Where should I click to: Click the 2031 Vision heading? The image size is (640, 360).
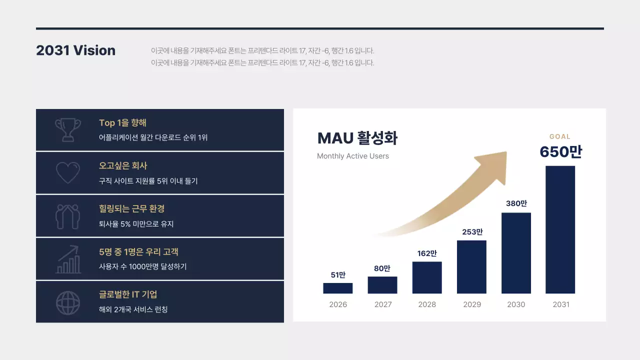pos(75,50)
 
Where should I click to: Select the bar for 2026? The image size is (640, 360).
pos(338,288)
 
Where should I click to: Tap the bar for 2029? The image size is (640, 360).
pos(471,267)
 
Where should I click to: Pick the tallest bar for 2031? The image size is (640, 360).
pos(560,229)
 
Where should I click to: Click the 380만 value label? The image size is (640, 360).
pos(516,203)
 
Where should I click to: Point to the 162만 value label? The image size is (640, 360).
pos(427,253)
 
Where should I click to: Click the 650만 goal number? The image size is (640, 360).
pos(560,152)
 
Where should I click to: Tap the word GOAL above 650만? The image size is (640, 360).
pos(560,136)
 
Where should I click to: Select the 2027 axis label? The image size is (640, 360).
pos(383,304)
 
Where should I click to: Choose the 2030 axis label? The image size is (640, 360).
pos(516,304)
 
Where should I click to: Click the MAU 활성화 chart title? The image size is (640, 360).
pos(357,138)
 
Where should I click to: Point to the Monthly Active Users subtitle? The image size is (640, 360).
pos(353,156)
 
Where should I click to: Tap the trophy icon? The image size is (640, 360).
pos(67,129)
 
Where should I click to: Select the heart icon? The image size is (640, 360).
pos(67,172)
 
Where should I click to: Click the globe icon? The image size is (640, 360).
pos(67,302)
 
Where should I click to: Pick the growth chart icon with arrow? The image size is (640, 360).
pos(68,259)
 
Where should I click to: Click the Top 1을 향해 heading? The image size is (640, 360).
pos(122,123)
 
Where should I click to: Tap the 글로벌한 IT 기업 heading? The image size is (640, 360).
pos(128,294)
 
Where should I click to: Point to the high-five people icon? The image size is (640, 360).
pos(67,216)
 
